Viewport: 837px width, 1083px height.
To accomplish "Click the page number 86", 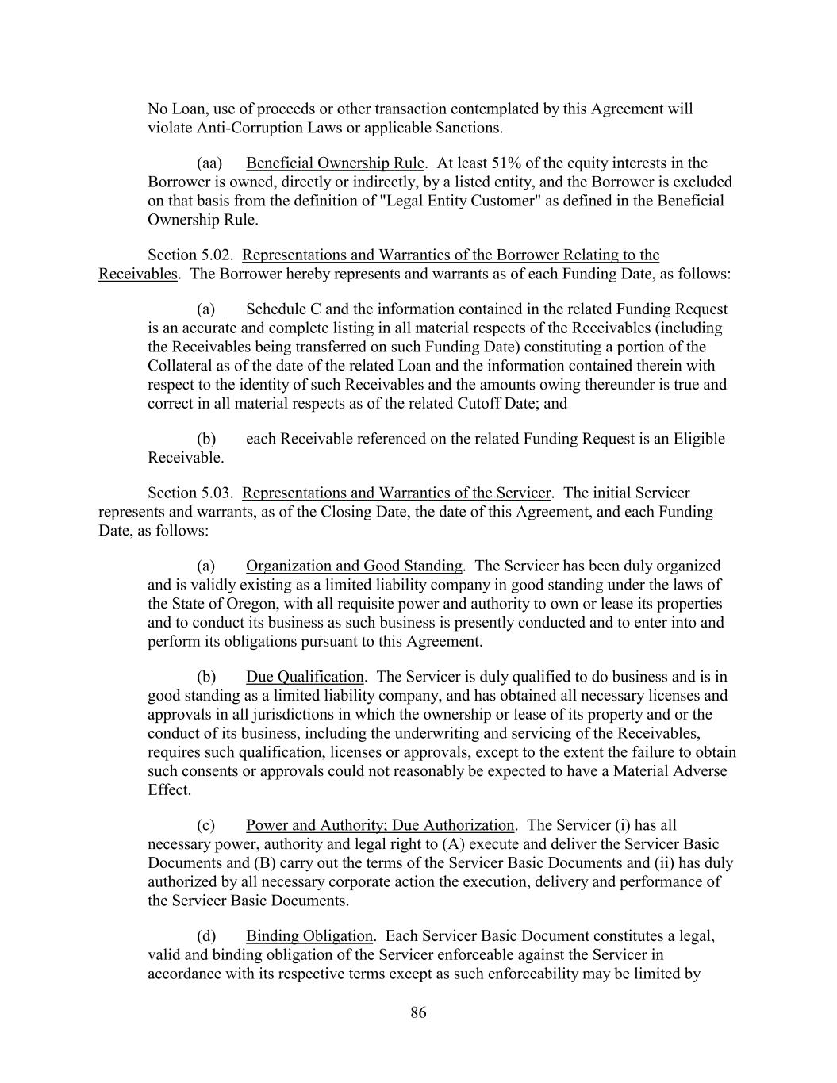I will pos(418,1012).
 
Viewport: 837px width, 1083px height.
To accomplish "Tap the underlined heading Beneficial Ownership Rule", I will pos(336,163).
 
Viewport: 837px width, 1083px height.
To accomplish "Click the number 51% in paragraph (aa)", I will pos(506,163).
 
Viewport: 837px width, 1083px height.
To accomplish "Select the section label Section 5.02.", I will pos(190,255).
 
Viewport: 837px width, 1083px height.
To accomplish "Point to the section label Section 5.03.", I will pos(190,493).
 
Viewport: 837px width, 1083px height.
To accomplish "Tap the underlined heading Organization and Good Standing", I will pos(354,566).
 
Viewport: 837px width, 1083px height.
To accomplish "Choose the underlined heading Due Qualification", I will pos(305,677).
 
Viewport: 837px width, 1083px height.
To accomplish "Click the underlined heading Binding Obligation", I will pos(309,936).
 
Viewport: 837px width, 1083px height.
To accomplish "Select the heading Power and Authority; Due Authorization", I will pos(380,825).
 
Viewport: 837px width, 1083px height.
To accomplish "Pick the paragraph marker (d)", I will pos(206,936).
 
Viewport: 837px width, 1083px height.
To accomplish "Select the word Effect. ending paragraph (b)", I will pos(169,790).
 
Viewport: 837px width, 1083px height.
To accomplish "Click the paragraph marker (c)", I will pos(206,825).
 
